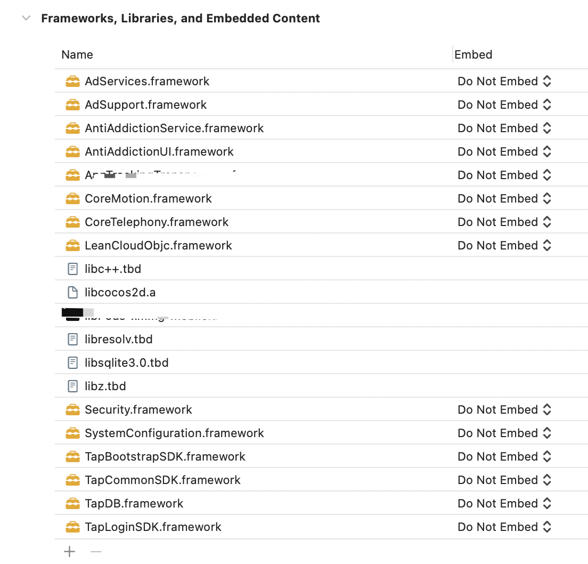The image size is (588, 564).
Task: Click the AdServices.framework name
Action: pos(147,82)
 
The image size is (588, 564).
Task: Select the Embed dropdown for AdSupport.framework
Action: pos(504,105)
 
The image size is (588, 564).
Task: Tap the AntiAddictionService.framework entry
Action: pos(174,128)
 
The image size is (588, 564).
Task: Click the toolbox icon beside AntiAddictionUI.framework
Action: pos(72,152)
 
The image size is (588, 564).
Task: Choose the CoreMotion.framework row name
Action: pos(148,199)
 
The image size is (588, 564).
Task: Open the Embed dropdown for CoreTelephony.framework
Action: pos(504,222)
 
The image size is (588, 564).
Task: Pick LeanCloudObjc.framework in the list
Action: pos(158,246)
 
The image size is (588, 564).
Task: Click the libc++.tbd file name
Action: pos(113,269)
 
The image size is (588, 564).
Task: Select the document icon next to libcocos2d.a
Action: pos(72,293)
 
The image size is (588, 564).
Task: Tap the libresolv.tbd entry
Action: pos(119,340)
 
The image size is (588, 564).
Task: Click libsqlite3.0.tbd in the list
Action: pos(127,363)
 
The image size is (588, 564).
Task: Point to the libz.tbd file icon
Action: pos(72,386)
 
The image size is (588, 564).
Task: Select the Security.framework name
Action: pos(138,410)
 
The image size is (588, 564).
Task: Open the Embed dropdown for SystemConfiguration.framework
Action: pos(504,433)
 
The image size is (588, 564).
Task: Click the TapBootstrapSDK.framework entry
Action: pos(165,457)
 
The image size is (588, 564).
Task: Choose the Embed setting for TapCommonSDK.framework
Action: pos(504,480)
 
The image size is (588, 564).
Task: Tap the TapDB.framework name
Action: pos(134,504)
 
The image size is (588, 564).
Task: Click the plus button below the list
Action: pos(70,552)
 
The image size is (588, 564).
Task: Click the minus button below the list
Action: pos(96,552)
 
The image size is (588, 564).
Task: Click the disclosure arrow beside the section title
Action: pos(26,18)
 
